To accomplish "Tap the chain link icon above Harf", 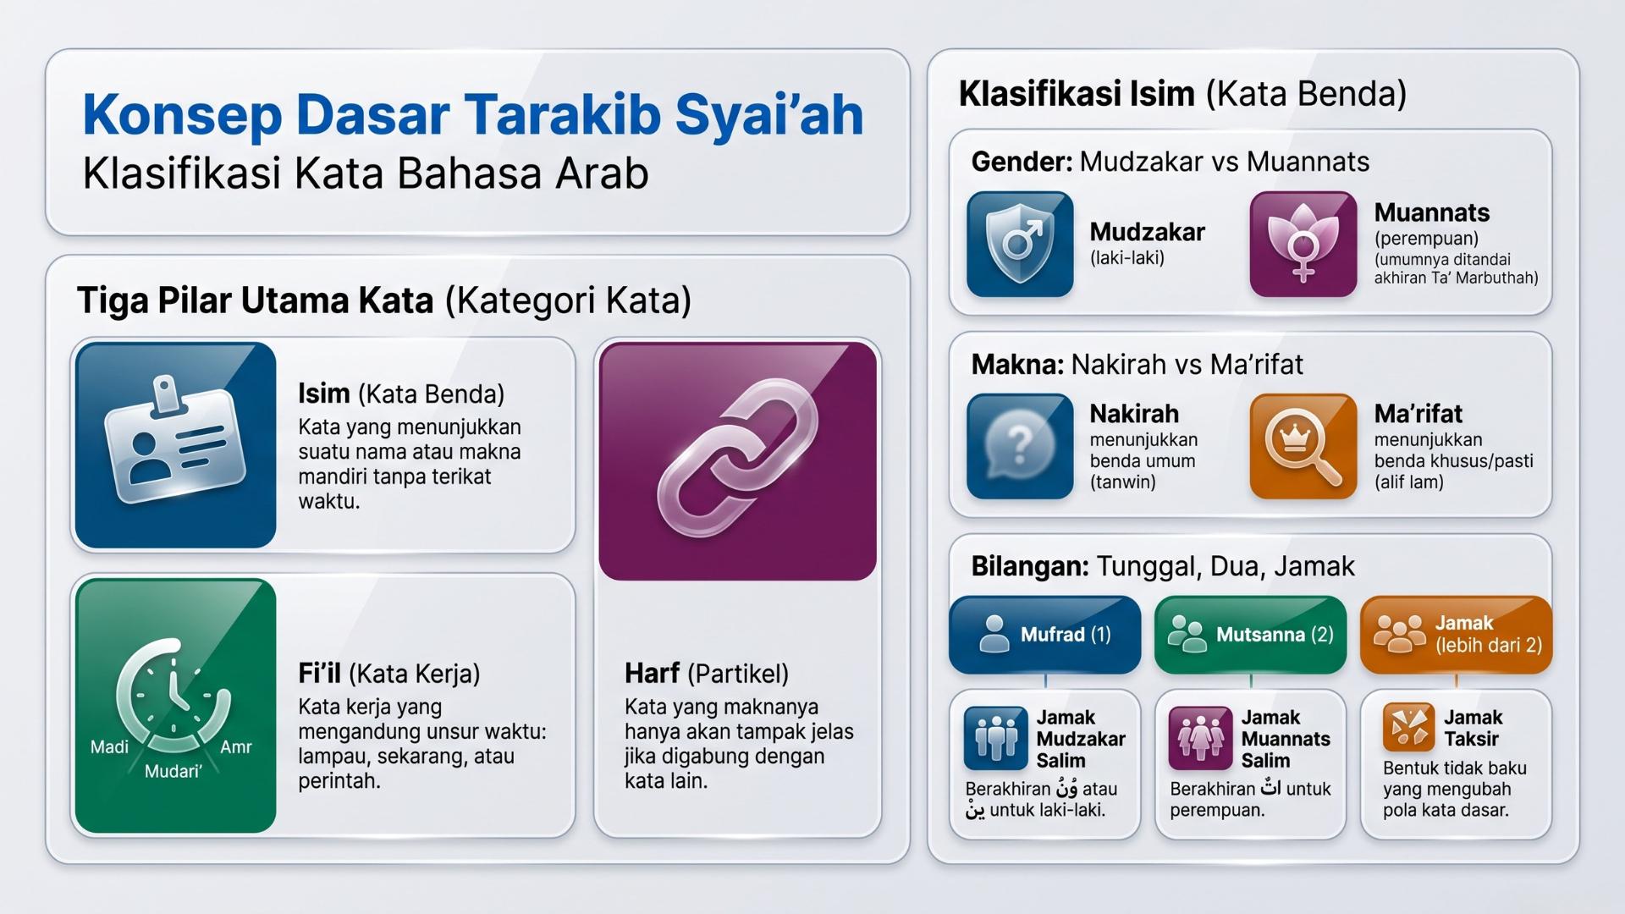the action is coord(737,458).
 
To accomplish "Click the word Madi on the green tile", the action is coord(109,746).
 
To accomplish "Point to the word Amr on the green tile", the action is coord(236,746).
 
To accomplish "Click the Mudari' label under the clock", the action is coord(173,771).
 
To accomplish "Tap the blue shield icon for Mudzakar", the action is coord(1020,245).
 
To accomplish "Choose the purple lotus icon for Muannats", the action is coord(1303,245).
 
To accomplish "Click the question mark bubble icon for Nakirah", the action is coord(1020,446).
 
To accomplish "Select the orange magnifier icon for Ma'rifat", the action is coord(1303,446).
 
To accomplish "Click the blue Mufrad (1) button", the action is coord(1045,635).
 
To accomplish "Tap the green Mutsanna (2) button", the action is coord(1250,635).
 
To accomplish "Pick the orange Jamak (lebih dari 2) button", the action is coord(1456,635).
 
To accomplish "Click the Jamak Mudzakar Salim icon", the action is coord(996,738).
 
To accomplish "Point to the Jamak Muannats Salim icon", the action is coord(1201,738).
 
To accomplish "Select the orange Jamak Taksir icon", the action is coord(1409,727).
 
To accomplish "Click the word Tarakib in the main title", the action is coord(561,115).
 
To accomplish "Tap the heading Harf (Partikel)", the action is coord(707,674).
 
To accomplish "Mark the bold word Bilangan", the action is coord(1030,566).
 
